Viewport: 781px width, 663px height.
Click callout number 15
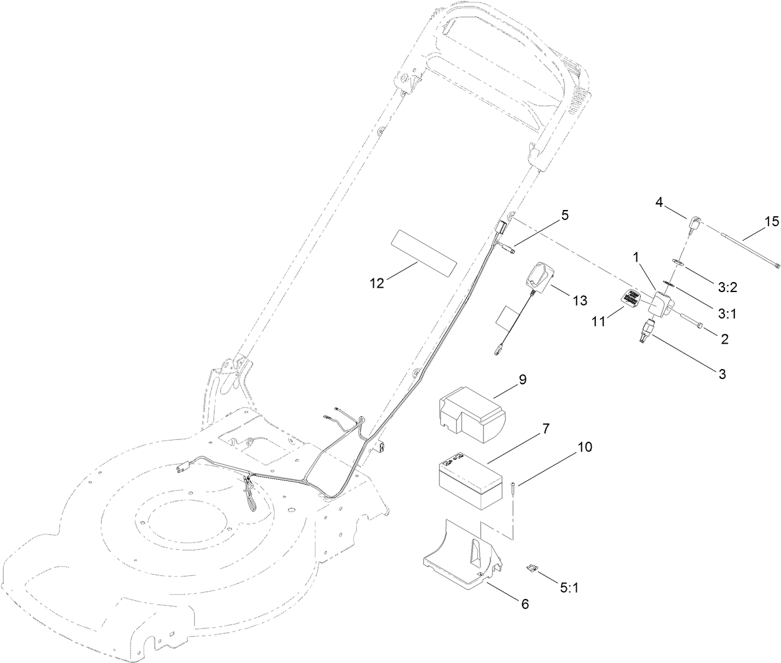(x=770, y=221)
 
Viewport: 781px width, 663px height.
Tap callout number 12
(x=377, y=283)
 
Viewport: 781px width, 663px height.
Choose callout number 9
(x=522, y=380)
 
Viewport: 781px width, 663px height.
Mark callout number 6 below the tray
(x=525, y=603)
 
